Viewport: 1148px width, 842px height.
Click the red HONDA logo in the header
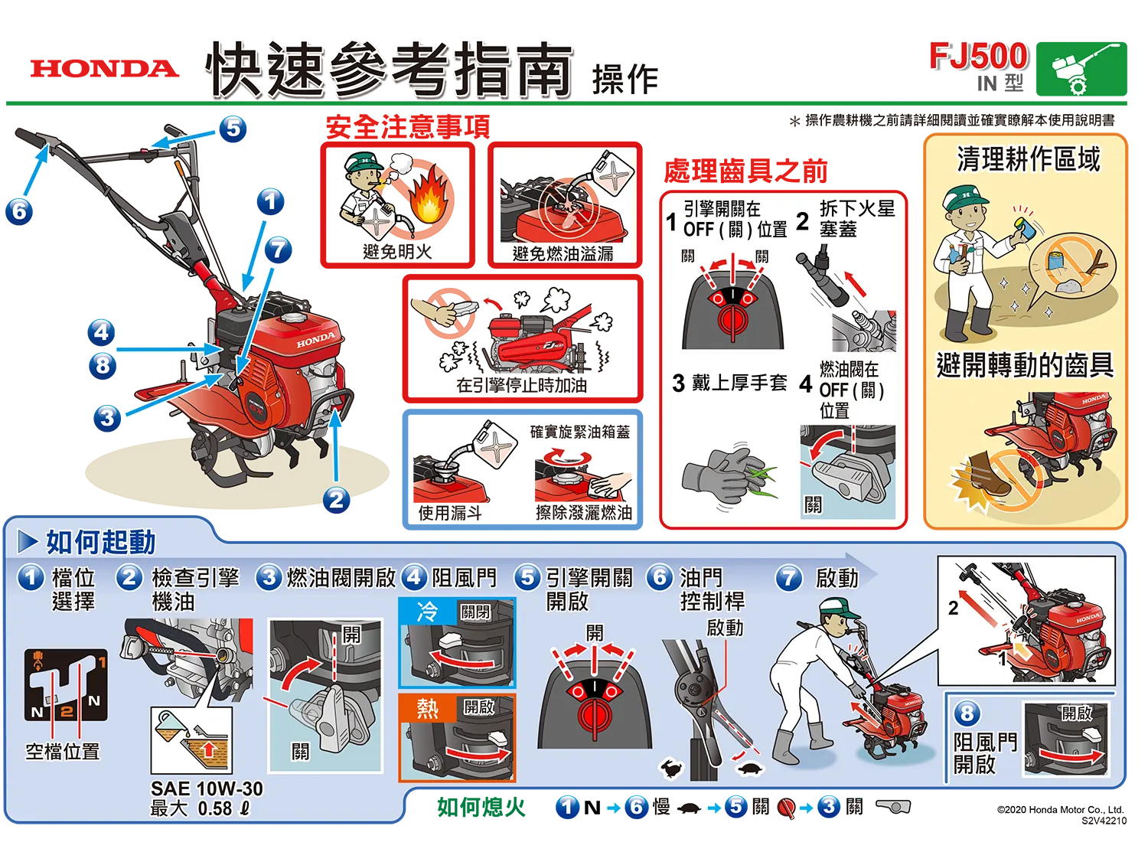click(105, 69)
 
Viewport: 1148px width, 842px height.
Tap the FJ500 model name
click(978, 56)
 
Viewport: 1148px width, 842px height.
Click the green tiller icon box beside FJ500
click(1081, 69)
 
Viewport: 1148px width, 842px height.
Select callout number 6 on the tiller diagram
click(19, 211)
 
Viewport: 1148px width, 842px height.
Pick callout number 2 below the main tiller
click(336, 500)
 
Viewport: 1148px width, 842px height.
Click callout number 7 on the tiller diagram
click(278, 250)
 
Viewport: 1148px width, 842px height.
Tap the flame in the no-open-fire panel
click(429, 197)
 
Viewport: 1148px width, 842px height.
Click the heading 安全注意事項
click(408, 126)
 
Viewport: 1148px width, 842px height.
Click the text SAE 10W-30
click(207, 788)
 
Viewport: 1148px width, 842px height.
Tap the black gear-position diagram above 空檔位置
click(66, 684)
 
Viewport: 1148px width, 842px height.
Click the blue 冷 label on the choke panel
click(427, 612)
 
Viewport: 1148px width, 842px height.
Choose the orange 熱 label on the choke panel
click(427, 708)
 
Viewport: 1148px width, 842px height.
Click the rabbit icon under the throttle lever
click(671, 769)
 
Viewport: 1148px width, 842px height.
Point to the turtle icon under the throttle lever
click(750, 769)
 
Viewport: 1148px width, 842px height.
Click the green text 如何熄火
click(481, 807)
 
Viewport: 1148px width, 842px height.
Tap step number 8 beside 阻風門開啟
click(967, 713)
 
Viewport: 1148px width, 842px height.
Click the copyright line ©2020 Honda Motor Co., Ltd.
click(1060, 810)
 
